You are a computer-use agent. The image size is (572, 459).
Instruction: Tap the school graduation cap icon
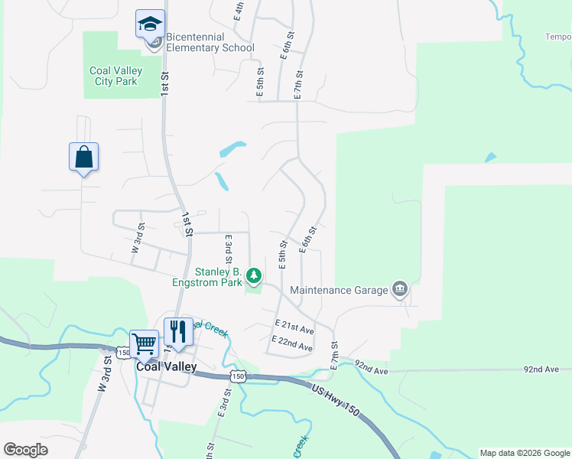pos(150,24)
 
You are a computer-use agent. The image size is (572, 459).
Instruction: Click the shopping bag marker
pos(84,158)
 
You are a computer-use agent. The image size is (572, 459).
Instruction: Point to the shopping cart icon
pos(144,344)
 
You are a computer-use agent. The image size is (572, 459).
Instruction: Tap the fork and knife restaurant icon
pos(178,332)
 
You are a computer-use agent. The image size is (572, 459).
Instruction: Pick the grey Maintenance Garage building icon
pos(399,289)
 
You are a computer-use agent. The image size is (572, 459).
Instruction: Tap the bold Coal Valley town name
pos(166,366)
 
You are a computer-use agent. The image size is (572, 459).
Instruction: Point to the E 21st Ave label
pos(294,330)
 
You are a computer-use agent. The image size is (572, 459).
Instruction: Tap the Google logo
pos(25,450)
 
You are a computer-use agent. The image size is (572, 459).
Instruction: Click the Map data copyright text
pos(525,453)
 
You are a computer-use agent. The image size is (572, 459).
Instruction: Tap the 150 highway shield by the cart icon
pos(123,353)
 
